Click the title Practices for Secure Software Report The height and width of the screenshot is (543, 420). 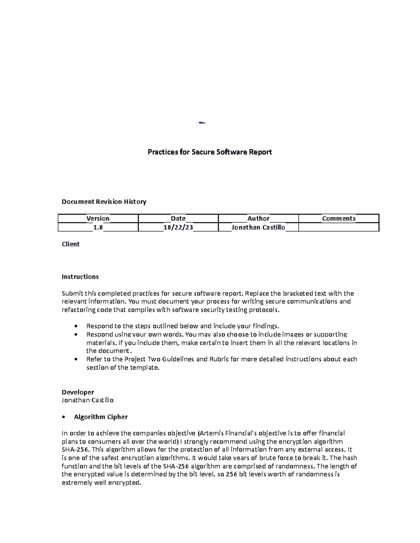(x=209, y=152)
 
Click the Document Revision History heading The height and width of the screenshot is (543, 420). (x=104, y=202)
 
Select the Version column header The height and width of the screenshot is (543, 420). (x=98, y=219)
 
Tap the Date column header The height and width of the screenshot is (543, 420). (x=178, y=219)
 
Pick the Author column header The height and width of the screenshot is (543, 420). (x=258, y=219)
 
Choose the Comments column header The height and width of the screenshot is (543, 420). (x=338, y=219)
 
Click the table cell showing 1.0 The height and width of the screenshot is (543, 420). (x=98, y=228)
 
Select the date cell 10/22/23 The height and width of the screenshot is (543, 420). (x=178, y=228)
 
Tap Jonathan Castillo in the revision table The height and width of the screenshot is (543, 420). (x=258, y=228)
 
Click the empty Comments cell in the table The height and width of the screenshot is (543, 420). (x=338, y=228)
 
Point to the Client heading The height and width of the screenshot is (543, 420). (x=71, y=244)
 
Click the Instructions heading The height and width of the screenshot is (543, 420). (x=80, y=277)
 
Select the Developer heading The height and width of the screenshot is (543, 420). (x=78, y=392)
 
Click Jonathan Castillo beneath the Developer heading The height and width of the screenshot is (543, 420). (x=87, y=400)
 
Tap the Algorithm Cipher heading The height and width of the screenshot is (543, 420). (x=101, y=417)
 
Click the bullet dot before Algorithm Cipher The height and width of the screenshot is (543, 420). (x=63, y=417)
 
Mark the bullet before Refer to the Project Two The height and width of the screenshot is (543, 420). (x=76, y=359)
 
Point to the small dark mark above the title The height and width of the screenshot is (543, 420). (x=202, y=123)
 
